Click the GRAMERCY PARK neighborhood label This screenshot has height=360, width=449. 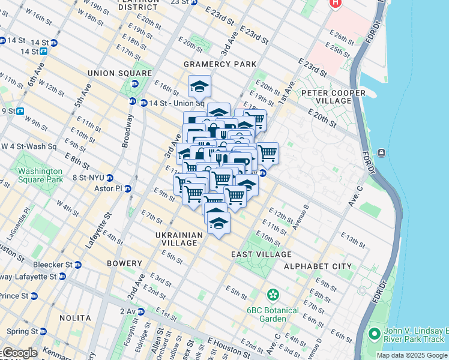(220, 64)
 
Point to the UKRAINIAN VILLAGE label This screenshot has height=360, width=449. (176, 239)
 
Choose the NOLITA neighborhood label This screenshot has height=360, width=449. (76, 318)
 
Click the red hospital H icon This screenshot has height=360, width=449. (335, 2)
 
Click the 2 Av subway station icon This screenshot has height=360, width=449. (140, 312)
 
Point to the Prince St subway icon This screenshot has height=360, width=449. (34, 296)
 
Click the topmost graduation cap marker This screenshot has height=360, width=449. (199, 86)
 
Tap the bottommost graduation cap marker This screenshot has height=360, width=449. (219, 223)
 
